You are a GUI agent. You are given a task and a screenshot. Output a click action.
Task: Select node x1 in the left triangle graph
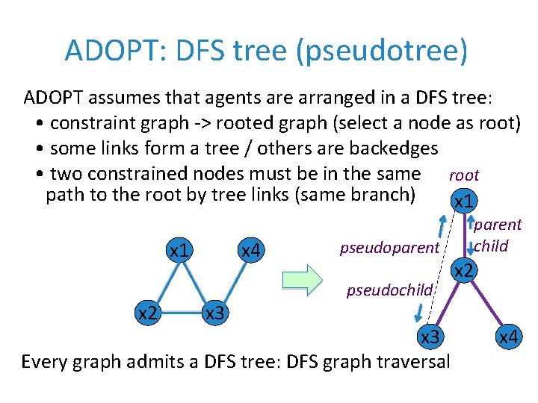[x=179, y=251]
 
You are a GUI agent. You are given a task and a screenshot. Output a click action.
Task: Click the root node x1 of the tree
[x=463, y=201]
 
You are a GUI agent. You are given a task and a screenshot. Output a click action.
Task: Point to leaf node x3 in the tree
[x=429, y=337]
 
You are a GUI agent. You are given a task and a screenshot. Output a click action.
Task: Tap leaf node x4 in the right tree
[x=509, y=337]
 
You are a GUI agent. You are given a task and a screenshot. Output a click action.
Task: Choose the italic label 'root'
[x=463, y=175]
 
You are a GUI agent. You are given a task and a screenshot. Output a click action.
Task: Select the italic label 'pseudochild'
[x=389, y=290]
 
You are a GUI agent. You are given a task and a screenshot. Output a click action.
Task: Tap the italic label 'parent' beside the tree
[x=498, y=225]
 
